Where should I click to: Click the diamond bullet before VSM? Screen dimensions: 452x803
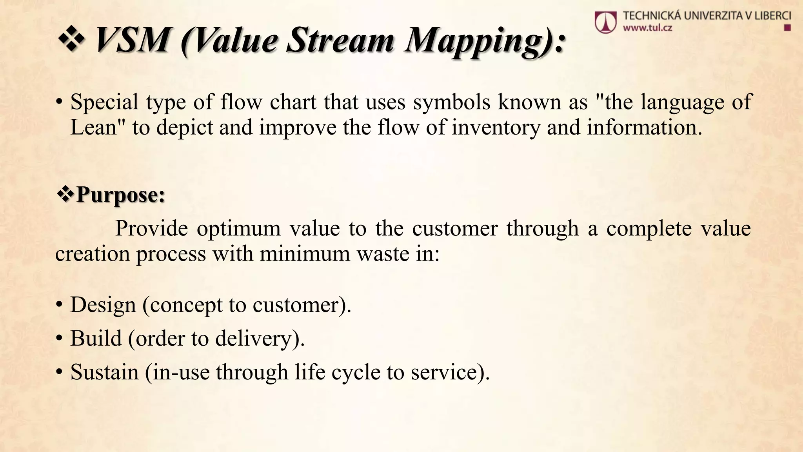pos(71,40)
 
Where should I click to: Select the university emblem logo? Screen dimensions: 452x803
pos(605,22)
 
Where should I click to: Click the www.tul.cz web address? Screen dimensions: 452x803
pos(647,28)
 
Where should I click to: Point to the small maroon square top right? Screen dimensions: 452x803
pos(787,28)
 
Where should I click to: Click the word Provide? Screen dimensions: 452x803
pos(151,228)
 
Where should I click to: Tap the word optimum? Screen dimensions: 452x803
pos(238,228)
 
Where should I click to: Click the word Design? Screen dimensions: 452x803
pos(103,305)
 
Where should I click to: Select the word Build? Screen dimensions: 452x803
pos(96,338)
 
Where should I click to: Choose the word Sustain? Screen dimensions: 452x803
pos(104,372)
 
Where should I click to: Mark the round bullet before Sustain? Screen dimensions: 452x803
pos(59,373)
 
